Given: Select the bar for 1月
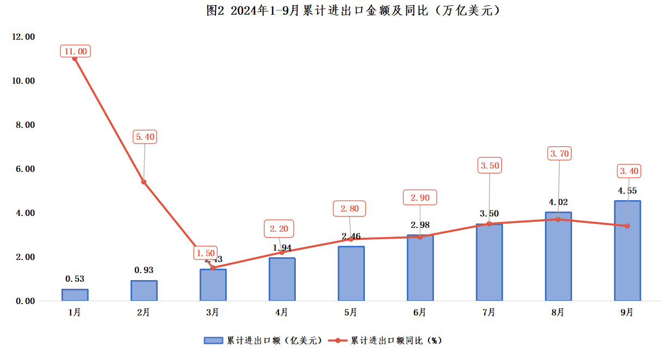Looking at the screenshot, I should [75, 295].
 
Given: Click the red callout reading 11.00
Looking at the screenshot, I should [75, 51].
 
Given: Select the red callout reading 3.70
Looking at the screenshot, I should [560, 154].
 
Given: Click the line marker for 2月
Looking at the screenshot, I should [144, 182].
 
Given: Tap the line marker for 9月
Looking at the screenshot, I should [627, 226].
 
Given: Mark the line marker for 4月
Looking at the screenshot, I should [282, 252].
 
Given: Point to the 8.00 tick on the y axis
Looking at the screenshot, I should [23, 125].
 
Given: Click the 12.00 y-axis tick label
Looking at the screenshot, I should [23, 37].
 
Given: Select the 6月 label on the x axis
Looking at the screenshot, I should [420, 313].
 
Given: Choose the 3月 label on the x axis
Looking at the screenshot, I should [213, 313].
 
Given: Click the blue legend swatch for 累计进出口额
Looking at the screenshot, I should [213, 340].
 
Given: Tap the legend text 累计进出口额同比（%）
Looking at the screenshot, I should [395, 340].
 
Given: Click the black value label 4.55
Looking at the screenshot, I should [627, 191].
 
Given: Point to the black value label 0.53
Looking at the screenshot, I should [75, 279].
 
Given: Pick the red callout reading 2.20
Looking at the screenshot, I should [280, 229].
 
